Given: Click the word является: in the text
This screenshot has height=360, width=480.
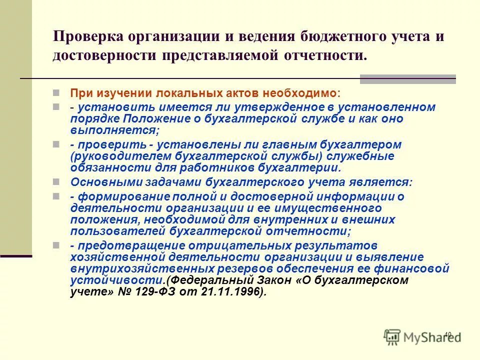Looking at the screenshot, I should tap(383, 182).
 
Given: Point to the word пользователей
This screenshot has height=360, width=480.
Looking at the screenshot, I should tap(112, 231).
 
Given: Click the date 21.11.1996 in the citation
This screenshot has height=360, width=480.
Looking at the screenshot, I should tap(235, 292).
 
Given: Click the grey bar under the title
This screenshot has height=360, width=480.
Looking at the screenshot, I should tap(407, 78).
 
